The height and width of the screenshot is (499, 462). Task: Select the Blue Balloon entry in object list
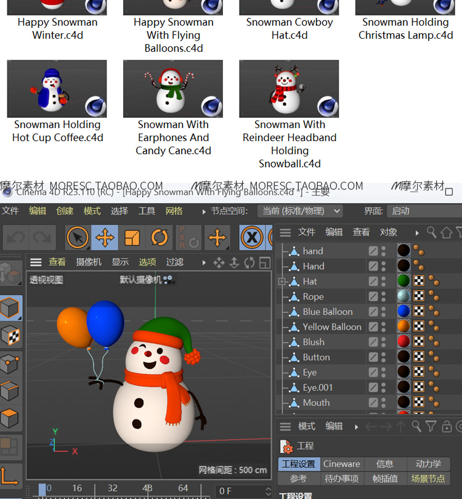coord(327,312)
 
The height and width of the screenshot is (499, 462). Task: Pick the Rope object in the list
coord(313,296)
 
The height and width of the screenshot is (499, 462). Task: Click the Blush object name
coord(313,342)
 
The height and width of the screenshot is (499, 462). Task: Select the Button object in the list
coord(316,357)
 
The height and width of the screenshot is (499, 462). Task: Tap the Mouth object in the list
coord(316,403)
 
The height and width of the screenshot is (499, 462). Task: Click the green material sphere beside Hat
coord(403,282)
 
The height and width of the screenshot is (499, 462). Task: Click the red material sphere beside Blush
coord(403,342)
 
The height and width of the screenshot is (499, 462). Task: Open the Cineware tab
coord(341,464)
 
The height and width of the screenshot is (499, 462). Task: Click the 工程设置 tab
coord(298,464)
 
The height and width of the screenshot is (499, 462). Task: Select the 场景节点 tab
coord(428,479)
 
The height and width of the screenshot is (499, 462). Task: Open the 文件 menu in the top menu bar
coord(10,211)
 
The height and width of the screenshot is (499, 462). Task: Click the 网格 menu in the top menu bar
coord(174,211)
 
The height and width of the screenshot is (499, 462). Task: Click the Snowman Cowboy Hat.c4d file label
coord(290,28)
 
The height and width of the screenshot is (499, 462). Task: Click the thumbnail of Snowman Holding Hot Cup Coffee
coord(57,89)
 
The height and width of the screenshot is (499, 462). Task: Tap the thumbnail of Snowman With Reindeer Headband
coord(289,89)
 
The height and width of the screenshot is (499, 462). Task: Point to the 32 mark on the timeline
coord(112,488)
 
